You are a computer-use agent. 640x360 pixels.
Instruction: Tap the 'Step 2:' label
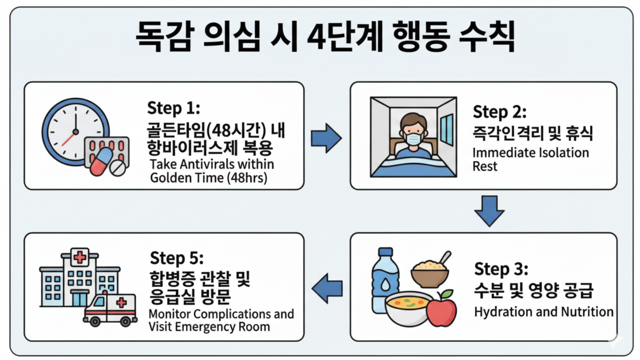[x=500, y=112]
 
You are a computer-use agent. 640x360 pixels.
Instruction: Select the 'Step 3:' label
[x=501, y=270]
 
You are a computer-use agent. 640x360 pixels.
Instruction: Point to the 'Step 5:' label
[x=177, y=259]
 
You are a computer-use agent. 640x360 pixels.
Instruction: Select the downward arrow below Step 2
[x=489, y=210]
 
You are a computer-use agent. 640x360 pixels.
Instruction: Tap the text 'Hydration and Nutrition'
[x=543, y=312]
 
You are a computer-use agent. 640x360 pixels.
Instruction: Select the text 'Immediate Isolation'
[x=530, y=153]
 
